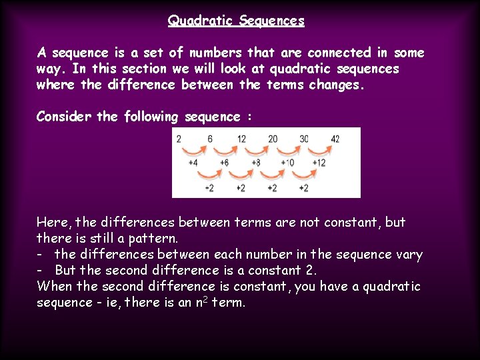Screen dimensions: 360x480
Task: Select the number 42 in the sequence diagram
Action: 335,139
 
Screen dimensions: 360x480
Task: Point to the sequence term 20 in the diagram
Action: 273,139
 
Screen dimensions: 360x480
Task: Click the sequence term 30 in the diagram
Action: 304,139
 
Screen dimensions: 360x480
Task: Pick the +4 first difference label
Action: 193,163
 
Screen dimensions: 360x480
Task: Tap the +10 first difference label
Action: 287,163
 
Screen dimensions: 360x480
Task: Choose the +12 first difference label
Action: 319,163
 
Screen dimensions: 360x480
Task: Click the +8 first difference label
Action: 256,163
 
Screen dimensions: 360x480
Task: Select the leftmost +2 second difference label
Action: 209,188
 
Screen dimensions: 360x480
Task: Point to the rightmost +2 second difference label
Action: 303,188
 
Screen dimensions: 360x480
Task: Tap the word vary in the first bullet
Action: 408,255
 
